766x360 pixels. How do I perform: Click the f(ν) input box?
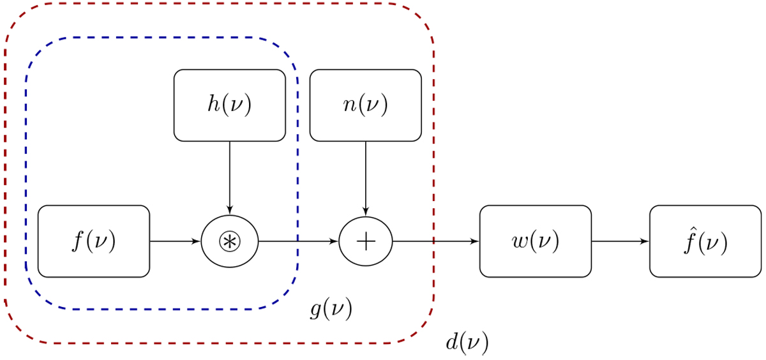(x=94, y=241)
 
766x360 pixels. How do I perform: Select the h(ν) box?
(x=230, y=105)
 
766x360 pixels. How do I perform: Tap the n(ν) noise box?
(x=365, y=105)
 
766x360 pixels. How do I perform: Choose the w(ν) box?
(x=536, y=241)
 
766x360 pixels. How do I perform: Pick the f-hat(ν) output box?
(x=705, y=241)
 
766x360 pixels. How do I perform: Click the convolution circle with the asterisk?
(x=230, y=241)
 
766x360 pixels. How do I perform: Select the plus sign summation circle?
(x=365, y=241)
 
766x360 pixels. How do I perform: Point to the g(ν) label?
(x=331, y=310)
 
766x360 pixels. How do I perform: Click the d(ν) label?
(x=467, y=343)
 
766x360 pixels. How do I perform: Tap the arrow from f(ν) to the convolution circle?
(x=175, y=241)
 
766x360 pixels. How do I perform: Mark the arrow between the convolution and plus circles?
(x=297, y=241)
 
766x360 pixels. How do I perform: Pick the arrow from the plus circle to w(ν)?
(x=435, y=241)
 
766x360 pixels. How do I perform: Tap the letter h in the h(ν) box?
(x=213, y=105)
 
